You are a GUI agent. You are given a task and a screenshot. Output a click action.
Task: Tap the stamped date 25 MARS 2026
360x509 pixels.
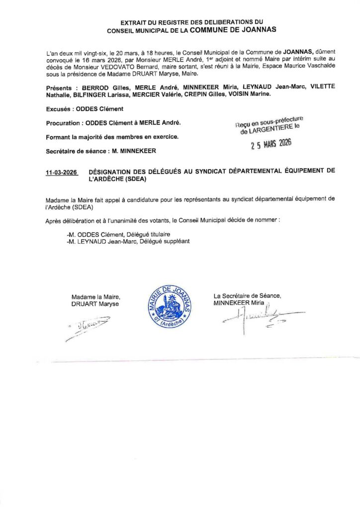(x=270, y=144)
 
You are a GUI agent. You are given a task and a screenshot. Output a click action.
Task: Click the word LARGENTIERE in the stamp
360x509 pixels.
(x=270, y=130)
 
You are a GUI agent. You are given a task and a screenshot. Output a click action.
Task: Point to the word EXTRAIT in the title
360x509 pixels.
(x=135, y=23)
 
